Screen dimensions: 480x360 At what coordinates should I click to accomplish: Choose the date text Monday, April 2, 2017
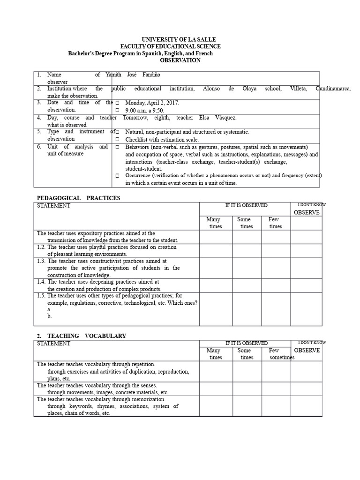click(152, 103)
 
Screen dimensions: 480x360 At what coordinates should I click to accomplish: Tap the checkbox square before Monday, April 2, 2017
click(118, 103)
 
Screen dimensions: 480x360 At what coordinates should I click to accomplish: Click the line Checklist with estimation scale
click(162, 139)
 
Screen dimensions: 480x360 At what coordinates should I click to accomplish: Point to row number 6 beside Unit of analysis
click(39, 147)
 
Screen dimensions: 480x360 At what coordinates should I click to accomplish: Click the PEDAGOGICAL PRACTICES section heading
click(78, 198)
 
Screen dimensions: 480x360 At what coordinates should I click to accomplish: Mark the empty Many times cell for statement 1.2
click(216, 250)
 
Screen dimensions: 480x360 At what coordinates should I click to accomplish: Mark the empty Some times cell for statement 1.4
click(247, 285)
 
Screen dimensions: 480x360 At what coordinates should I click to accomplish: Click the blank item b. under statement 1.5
click(49, 316)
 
